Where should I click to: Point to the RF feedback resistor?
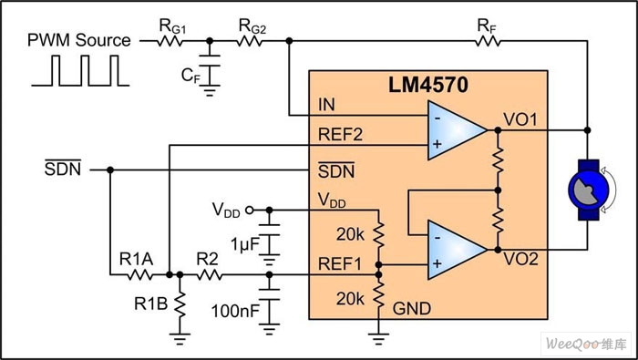click(487, 41)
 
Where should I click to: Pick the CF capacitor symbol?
click(211, 68)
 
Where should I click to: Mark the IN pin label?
click(325, 107)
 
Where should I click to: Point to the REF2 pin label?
click(338, 134)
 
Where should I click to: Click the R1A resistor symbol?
click(139, 273)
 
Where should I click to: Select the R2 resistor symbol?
click(209, 273)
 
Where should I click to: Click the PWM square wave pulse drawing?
click(77, 71)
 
